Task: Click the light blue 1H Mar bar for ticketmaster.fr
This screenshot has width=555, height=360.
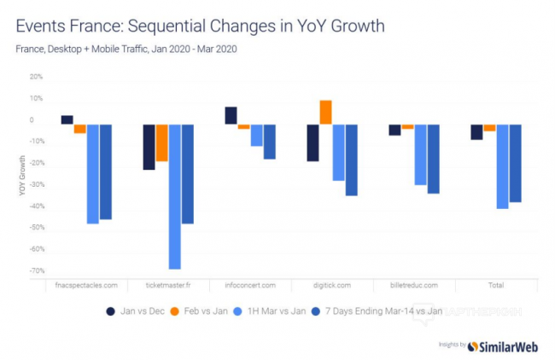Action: coord(174,196)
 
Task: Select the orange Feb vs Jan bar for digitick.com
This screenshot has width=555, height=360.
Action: coord(325,112)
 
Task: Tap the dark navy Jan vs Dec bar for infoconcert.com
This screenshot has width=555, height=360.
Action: coord(231,115)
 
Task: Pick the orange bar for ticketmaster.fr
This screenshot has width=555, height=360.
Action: coord(161,142)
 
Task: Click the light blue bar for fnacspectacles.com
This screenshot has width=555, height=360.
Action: coord(92,173)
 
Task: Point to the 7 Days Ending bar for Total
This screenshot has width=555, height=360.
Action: coord(515,163)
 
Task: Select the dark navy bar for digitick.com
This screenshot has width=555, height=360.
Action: coord(313,142)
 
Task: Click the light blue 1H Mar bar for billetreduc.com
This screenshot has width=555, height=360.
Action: coord(420,154)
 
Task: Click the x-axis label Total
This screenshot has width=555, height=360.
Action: coord(495,284)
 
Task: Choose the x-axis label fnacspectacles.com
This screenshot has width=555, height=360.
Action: coord(85,284)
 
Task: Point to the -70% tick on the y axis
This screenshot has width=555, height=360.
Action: coord(36,271)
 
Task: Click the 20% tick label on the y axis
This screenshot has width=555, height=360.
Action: coord(36,77)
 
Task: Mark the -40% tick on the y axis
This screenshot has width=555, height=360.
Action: coord(36,206)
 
